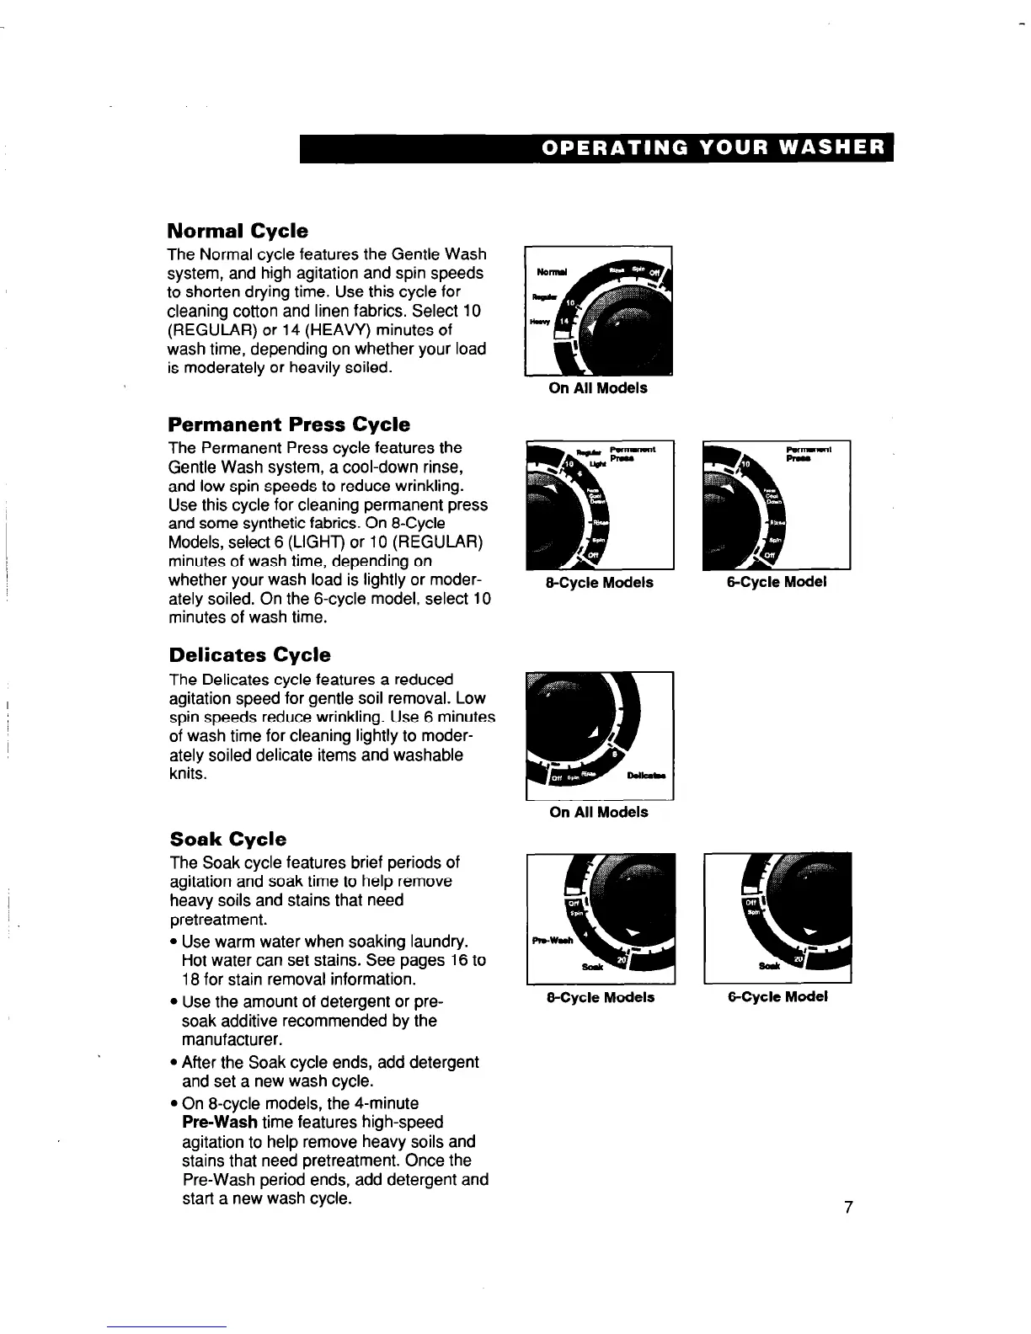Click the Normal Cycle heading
(x=238, y=231)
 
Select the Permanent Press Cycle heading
(x=289, y=424)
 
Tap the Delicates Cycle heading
(x=249, y=655)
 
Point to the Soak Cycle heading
(x=227, y=839)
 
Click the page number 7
(x=848, y=1209)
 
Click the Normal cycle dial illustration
(x=598, y=311)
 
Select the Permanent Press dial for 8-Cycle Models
(x=599, y=504)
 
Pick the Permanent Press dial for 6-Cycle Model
(x=777, y=504)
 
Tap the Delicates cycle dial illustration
(x=599, y=735)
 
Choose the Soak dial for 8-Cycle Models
(x=601, y=918)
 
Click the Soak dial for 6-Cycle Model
(x=777, y=918)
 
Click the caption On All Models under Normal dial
(x=598, y=388)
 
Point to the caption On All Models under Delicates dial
(x=599, y=813)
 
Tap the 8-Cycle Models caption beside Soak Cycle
(x=601, y=998)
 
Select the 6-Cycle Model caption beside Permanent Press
(x=777, y=582)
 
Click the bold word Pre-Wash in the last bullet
(x=219, y=1123)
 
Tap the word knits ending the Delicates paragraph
(x=188, y=774)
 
